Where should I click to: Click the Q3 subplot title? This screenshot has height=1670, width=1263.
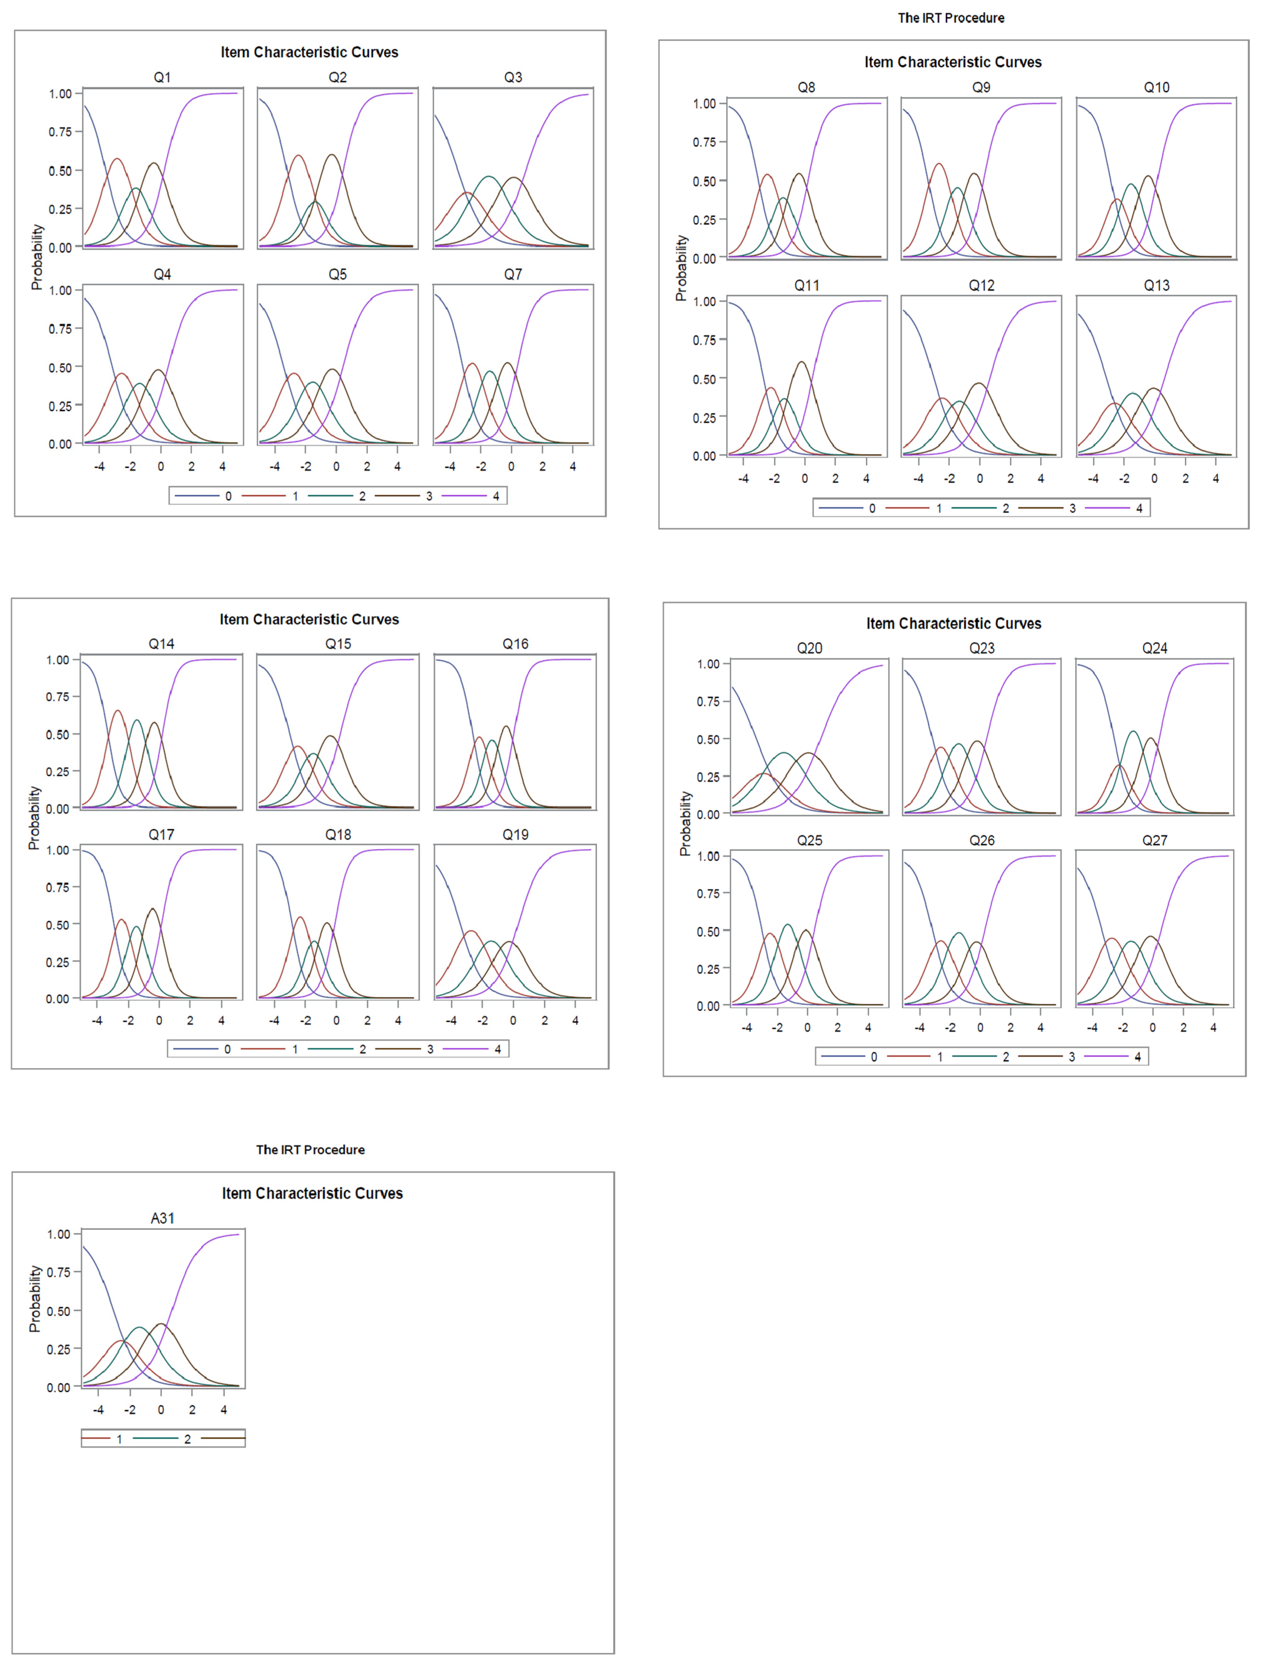point(513,77)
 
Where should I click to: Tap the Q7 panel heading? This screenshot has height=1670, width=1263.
point(513,274)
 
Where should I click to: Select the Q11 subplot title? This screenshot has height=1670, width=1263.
point(806,285)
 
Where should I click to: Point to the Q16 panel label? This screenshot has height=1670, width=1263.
point(516,644)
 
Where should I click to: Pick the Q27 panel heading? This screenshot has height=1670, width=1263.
point(1154,840)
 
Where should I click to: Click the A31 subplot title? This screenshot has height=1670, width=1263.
point(162,1218)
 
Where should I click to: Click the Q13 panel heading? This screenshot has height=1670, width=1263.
point(1156,285)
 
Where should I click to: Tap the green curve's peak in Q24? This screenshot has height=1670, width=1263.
point(1133,732)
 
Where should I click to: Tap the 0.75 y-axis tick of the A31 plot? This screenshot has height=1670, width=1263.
point(59,1272)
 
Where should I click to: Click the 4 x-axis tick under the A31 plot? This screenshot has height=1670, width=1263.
point(223,1409)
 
